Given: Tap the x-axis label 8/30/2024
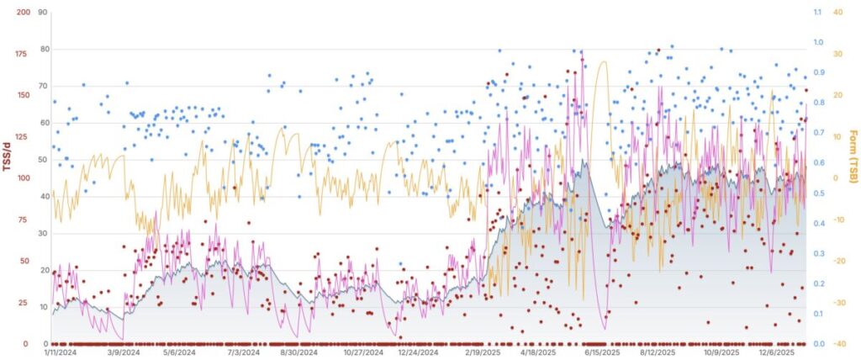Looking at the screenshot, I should [x=298, y=353].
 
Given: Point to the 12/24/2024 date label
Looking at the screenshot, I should [x=419, y=353].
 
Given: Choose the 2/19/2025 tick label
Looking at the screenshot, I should [x=480, y=353].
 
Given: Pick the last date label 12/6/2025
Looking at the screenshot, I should [x=779, y=353].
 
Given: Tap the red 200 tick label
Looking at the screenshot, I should [x=23, y=13].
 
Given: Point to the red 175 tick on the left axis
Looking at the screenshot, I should [x=23, y=54].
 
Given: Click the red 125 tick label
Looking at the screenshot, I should [x=23, y=136].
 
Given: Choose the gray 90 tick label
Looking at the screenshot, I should [x=43, y=13].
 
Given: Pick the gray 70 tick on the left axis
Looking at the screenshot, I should [x=43, y=86].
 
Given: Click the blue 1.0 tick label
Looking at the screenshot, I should [x=817, y=42].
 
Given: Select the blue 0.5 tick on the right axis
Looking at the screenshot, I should [x=817, y=193].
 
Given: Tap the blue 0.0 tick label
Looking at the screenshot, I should [x=817, y=344].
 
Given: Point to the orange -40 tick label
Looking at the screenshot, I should [x=837, y=344].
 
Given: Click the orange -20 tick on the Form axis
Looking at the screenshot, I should [x=837, y=261].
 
